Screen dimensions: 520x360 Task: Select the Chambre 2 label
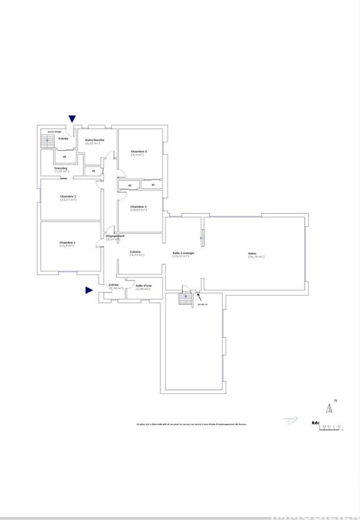click(68, 197)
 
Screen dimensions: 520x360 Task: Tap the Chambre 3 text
click(138, 153)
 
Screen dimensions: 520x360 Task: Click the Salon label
click(251, 254)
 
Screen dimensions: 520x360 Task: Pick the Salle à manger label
click(180, 253)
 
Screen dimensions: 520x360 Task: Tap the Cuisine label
click(136, 253)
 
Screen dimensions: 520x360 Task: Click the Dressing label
click(60, 168)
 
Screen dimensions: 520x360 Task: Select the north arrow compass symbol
click(329, 408)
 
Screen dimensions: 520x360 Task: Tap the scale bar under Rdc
click(331, 427)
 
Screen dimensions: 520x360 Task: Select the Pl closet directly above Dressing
click(64, 157)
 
